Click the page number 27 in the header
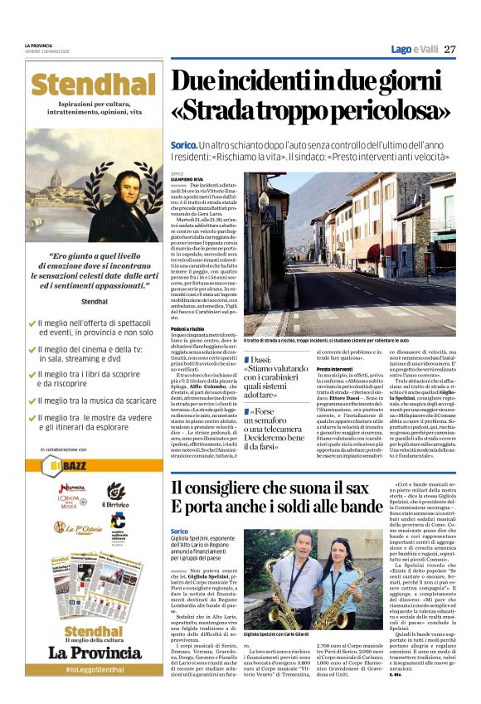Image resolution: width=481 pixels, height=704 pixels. tap(449, 49)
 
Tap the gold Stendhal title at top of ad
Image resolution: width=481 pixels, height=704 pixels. tap(95, 85)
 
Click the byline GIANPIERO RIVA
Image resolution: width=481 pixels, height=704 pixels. tap(186, 178)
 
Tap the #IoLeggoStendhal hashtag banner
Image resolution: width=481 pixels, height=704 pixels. tap(95, 668)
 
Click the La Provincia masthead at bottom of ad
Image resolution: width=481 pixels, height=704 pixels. tap(95, 651)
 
